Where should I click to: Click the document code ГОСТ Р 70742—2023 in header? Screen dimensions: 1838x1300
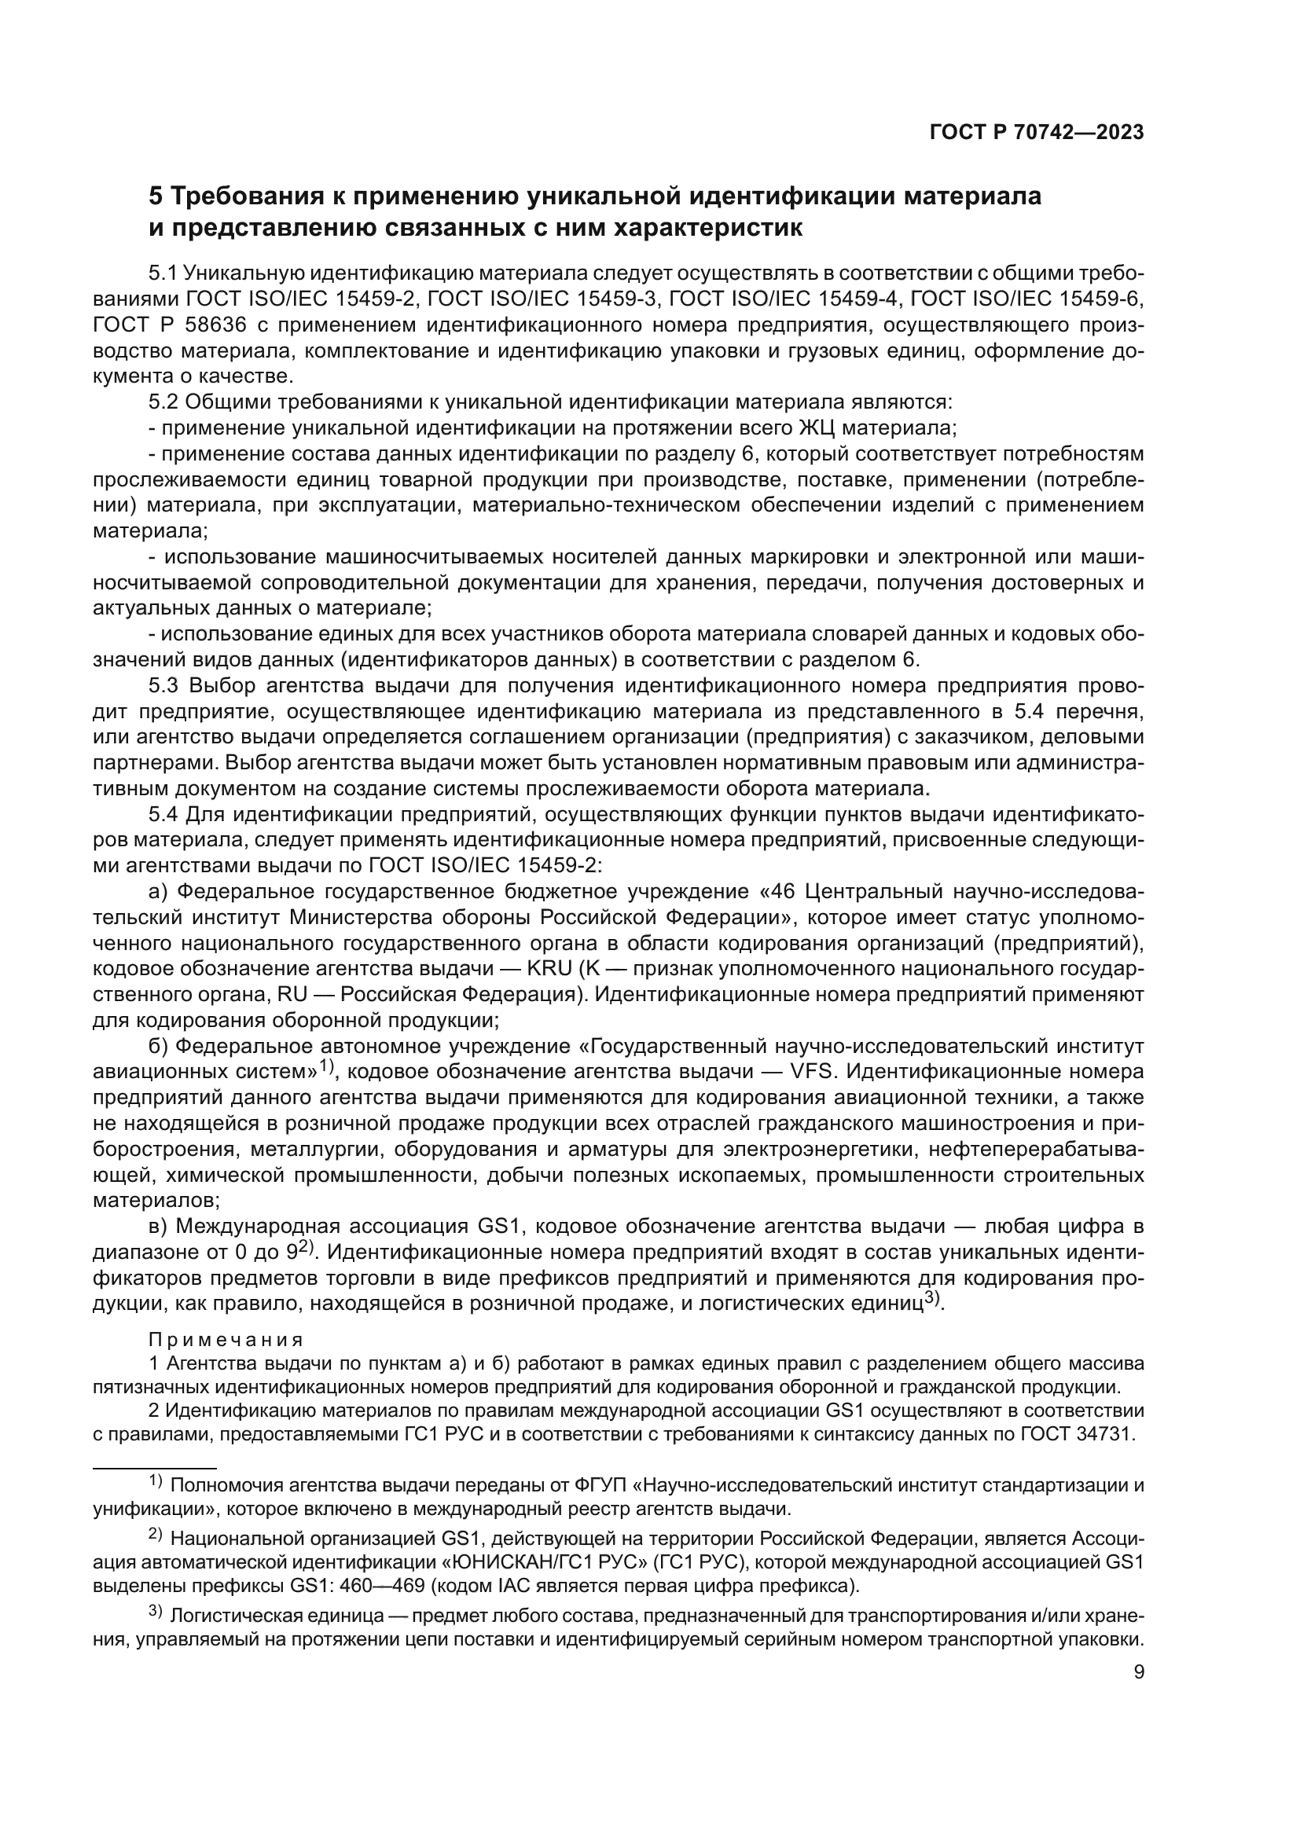coord(1036,133)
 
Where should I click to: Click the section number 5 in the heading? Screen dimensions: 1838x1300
coord(156,196)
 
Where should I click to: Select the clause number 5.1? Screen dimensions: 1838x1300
coord(163,273)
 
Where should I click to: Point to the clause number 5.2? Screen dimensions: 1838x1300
coord(163,402)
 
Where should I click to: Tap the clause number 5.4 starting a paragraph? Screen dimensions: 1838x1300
coord(163,815)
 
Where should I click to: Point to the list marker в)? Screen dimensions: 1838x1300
coord(159,1227)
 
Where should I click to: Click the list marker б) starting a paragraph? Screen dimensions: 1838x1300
coord(159,1046)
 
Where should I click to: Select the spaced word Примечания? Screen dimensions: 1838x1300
coord(226,1340)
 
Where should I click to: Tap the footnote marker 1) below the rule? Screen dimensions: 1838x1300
coord(156,1483)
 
